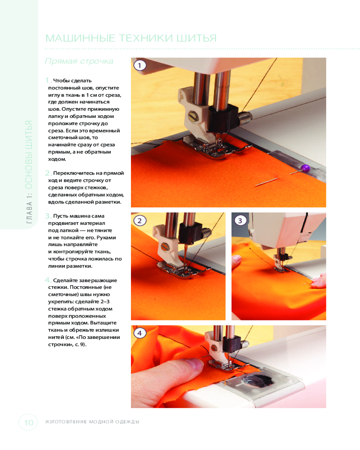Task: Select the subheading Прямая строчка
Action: click(79, 61)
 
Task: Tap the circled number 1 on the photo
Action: click(140, 65)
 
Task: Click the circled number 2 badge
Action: click(140, 220)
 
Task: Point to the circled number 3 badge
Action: click(240, 220)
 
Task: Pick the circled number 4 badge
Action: click(140, 333)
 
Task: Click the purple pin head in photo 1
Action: click(305, 168)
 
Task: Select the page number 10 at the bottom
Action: click(28, 423)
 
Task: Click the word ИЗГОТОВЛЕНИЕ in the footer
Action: click(66, 422)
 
